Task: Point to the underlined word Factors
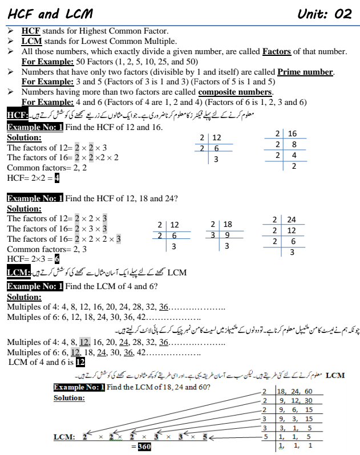pyautogui.click(x=277, y=51)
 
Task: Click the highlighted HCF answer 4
pyautogui.click(x=58, y=178)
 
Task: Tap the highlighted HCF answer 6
pyautogui.click(x=57, y=259)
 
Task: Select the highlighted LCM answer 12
pyautogui.click(x=80, y=362)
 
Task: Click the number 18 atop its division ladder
pyautogui.click(x=227, y=225)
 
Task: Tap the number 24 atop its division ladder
pyautogui.click(x=292, y=220)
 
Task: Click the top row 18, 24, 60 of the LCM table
pyautogui.click(x=294, y=391)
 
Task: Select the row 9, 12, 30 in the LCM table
pyautogui.click(x=297, y=400)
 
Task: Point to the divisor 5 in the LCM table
pyautogui.click(x=265, y=436)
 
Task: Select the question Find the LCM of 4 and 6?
pyautogui.click(x=112, y=286)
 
